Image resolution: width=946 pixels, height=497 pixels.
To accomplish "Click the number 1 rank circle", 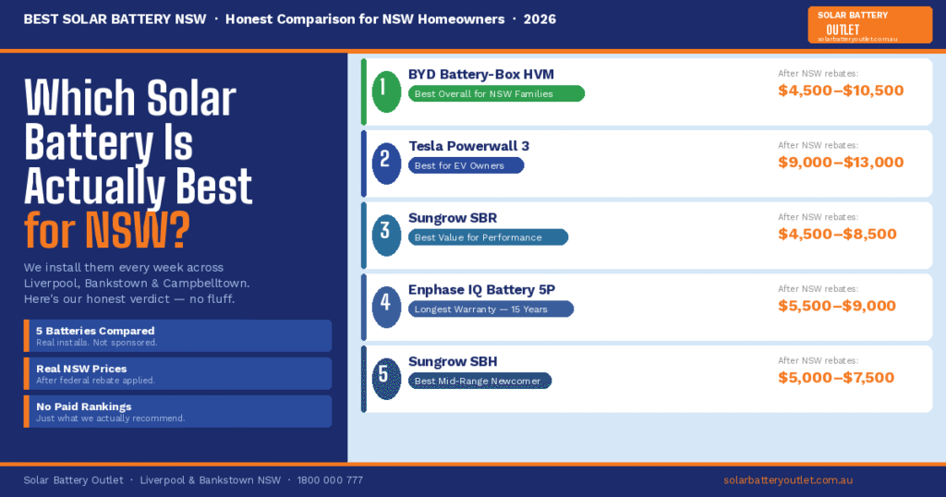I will pos(385,90).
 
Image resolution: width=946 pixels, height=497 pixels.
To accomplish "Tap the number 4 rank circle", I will pos(385,306).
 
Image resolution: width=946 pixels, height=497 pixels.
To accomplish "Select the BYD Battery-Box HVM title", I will pos(480,74).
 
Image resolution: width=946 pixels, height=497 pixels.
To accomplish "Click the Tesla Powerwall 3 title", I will pos(468,146).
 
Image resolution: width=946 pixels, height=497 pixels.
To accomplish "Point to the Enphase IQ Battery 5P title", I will pos(481,290).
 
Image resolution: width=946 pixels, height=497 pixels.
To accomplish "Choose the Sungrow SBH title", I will pos(453,361).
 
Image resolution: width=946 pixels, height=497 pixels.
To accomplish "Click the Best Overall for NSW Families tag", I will pos(496,93).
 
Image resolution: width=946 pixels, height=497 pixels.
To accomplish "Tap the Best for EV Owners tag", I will pos(466,165).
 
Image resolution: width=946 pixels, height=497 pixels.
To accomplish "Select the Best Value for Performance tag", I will pos(488,237).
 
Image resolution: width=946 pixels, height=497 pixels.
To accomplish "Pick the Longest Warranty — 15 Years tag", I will pos(491,309).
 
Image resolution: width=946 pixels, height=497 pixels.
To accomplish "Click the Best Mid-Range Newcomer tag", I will pos(479,381).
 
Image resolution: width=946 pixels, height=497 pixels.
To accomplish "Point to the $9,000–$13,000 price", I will pos(841,163).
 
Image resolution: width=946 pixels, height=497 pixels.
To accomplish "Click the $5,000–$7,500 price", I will pos(836,378).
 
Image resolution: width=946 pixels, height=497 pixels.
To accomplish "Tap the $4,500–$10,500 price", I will pos(841,91).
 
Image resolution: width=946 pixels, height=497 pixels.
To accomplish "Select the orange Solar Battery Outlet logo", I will pos(869,25).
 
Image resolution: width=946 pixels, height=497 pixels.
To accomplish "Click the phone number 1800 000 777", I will pos(332,480).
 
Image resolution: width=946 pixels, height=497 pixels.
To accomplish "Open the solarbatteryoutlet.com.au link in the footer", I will pos(787,480).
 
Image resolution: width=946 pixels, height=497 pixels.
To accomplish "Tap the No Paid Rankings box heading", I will pos(83,406).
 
